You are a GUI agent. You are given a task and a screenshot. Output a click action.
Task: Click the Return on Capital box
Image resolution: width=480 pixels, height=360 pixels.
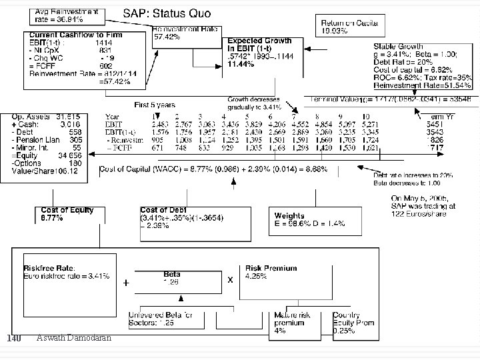[x=350, y=26]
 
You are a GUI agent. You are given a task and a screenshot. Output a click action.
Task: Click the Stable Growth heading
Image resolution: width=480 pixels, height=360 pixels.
[x=396, y=47]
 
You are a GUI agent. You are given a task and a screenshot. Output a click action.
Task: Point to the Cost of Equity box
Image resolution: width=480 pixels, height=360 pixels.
[x=67, y=213]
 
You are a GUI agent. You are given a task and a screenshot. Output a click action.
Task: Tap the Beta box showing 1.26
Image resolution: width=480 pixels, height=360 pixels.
[x=171, y=277]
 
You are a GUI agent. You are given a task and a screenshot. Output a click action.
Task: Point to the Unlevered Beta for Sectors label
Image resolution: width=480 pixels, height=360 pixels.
[x=169, y=319]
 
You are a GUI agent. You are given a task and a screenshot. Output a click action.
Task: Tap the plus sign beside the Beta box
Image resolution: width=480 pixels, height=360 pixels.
[x=126, y=283]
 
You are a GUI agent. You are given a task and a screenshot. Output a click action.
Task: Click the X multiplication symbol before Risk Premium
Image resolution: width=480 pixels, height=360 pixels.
[x=231, y=280]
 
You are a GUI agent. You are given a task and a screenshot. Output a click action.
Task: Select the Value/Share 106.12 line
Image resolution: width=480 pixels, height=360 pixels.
[x=41, y=171]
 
